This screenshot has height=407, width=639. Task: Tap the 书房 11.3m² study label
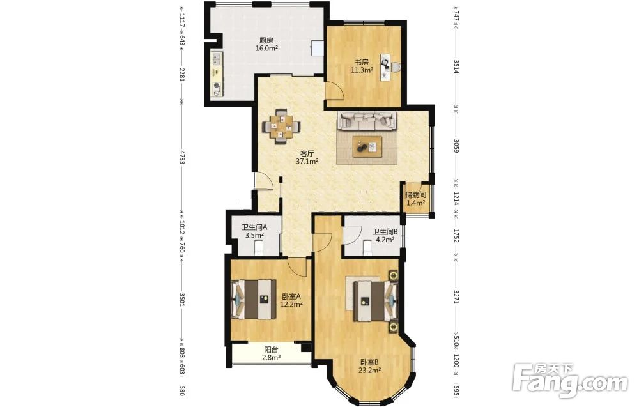(362, 66)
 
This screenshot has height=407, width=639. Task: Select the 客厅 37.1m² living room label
(307, 157)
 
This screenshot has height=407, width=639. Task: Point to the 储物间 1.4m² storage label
(415, 199)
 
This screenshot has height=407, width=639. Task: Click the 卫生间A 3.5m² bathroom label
(254, 231)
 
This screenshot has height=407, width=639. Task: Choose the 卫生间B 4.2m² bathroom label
(385, 236)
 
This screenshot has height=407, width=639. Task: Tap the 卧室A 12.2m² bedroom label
(291, 300)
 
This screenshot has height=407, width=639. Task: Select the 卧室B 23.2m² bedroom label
(369, 366)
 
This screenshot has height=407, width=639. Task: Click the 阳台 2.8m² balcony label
(271, 353)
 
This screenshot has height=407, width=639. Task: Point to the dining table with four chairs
(281, 126)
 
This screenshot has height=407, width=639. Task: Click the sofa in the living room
(367, 121)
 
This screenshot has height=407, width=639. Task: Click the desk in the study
(388, 66)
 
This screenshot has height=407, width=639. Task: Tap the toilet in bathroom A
(258, 247)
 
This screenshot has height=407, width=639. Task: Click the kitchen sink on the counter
(217, 59)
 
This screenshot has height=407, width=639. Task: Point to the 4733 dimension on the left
(182, 157)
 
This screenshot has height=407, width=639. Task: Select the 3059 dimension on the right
(456, 146)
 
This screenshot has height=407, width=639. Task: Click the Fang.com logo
(570, 381)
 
